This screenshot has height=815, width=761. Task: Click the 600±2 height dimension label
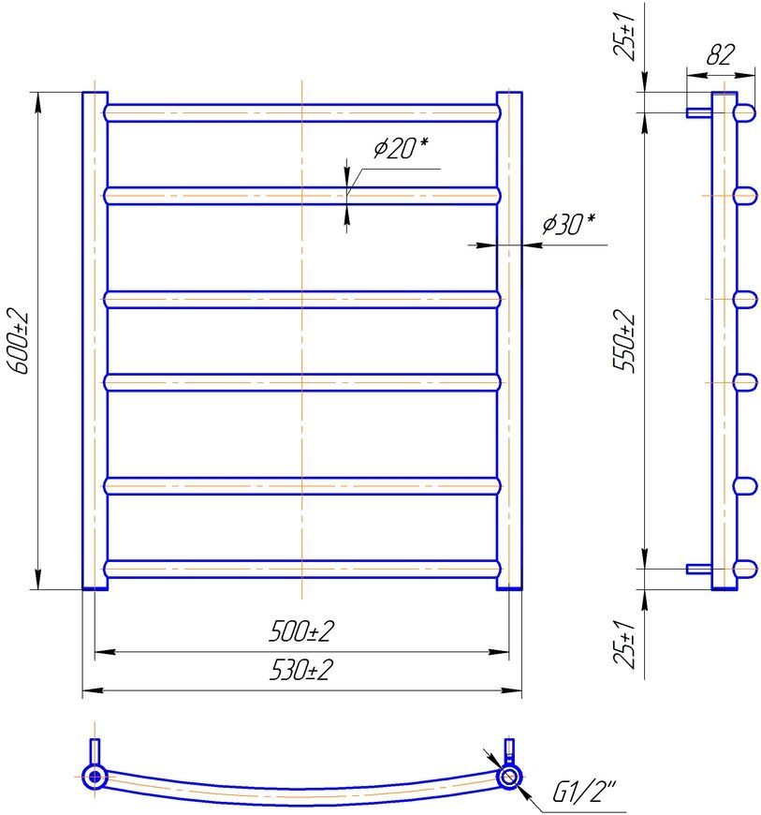coord(19,341)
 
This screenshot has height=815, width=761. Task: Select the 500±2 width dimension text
coord(301,631)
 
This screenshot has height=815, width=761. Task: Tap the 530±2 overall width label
coord(301,670)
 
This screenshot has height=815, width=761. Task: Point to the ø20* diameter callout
coord(401,148)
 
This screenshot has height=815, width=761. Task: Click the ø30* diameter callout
coord(569,224)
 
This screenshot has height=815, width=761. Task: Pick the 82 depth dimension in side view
coord(721,54)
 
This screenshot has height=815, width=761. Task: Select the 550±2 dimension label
coord(623,341)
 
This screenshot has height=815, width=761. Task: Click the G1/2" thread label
coord(583,793)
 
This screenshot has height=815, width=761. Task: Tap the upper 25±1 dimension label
coord(623,36)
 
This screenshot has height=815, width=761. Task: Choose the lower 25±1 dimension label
coord(623,643)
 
